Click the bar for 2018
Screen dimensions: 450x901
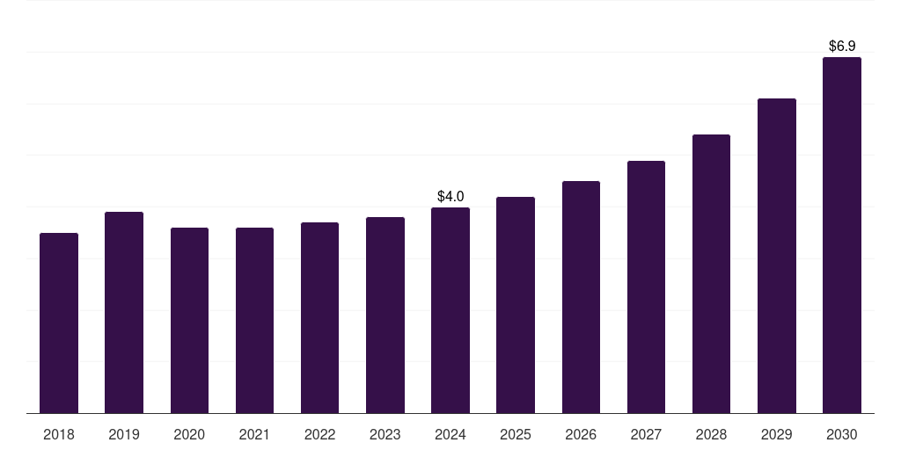pos(59,323)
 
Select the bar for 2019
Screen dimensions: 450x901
pos(124,313)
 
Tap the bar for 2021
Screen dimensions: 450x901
pos(254,321)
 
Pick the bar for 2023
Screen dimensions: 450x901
pos(385,316)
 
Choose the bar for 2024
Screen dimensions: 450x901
pos(450,310)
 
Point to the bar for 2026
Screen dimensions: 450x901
pos(581,297)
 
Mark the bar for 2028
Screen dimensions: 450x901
pos(711,274)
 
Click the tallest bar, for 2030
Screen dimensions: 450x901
pos(842,236)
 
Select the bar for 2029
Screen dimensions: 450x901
pos(777,256)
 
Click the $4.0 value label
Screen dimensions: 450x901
pos(450,196)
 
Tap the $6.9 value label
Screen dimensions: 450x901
pos(842,46)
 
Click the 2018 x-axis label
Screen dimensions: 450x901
pos(59,435)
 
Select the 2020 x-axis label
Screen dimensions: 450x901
pos(189,435)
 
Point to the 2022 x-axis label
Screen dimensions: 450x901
pos(320,435)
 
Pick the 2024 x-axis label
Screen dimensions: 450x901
pos(450,435)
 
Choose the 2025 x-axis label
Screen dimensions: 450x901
pos(516,435)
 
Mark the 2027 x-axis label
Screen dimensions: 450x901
pos(646,435)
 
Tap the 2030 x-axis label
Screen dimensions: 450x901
pos(842,435)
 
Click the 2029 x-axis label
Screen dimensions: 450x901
pos(777,435)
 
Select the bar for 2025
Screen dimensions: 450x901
pos(516,305)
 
